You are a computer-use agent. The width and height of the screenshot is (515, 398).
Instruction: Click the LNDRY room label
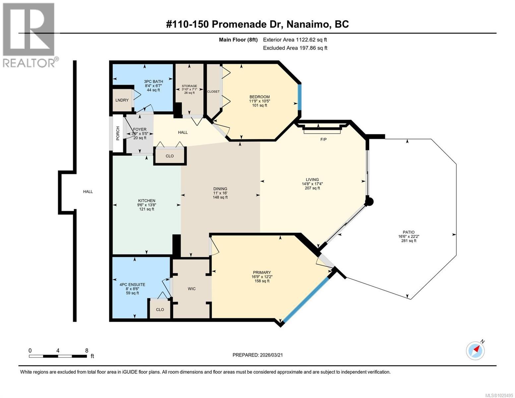point(122,100)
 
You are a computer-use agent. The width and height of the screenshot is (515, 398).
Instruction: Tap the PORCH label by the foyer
point(118,133)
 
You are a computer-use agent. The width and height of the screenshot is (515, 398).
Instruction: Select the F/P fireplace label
point(323,139)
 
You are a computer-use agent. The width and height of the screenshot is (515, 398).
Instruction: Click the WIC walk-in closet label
point(191,289)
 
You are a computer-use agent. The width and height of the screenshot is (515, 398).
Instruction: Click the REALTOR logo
point(29,35)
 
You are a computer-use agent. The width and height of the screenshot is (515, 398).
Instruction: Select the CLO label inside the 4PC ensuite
point(160,309)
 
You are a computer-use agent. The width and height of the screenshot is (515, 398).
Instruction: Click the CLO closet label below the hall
point(169,156)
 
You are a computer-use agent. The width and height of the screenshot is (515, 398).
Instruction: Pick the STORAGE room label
point(189,86)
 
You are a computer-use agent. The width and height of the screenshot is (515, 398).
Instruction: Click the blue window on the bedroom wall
point(299,97)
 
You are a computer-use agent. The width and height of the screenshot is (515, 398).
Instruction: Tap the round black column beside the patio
point(369,201)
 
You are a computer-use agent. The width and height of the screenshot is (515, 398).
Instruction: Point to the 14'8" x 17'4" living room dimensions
point(312,184)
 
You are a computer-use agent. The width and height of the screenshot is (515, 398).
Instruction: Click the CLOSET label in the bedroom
point(213,92)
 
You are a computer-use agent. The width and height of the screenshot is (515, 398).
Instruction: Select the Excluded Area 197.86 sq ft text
point(295,48)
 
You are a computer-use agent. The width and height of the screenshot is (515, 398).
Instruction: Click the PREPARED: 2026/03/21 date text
point(257,355)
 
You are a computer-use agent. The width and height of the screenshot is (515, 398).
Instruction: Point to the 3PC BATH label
point(153,82)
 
